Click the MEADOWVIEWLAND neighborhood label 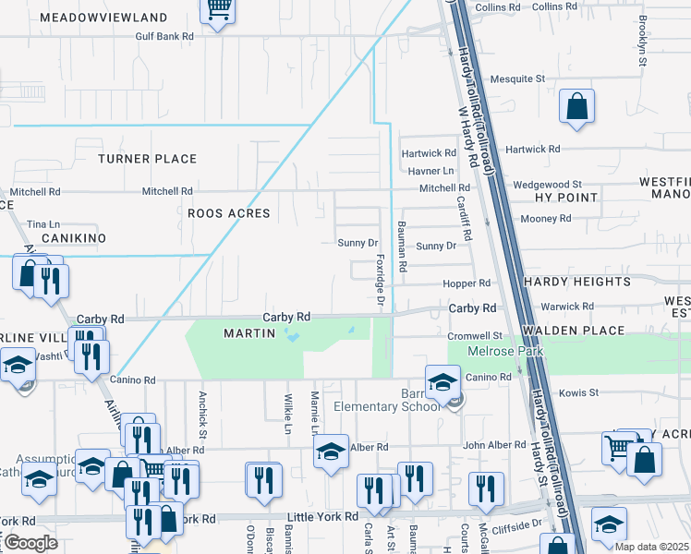pyautogui.click(x=104, y=18)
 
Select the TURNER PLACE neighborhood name pyautogui.click(x=148, y=159)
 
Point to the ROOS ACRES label pyautogui.click(x=228, y=213)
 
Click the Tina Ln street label pyautogui.click(x=43, y=224)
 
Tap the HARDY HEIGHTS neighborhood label pyautogui.click(x=576, y=282)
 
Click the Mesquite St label pyautogui.click(x=517, y=79)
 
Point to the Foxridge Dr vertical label pyautogui.click(x=380, y=283)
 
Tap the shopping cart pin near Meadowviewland pyautogui.click(x=218, y=11)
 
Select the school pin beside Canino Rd pyautogui.click(x=442, y=382)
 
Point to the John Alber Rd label pyautogui.click(x=493, y=446)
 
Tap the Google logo pyautogui.click(x=31, y=543)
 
